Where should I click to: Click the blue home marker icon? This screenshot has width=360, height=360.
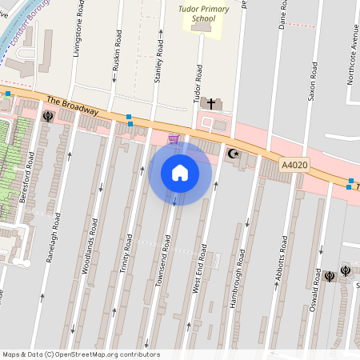tap(180, 173)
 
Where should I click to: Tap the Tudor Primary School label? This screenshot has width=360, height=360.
tap(198, 18)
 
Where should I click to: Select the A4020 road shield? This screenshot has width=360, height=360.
tap(294, 165)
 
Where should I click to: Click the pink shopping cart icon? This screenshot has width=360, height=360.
tap(174, 139)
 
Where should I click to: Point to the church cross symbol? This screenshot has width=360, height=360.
tap(212, 103)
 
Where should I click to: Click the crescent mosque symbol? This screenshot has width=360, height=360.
tap(234, 153)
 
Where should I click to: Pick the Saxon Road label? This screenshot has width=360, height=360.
tap(312, 76)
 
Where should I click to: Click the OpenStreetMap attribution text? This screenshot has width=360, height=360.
tap(81, 354)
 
